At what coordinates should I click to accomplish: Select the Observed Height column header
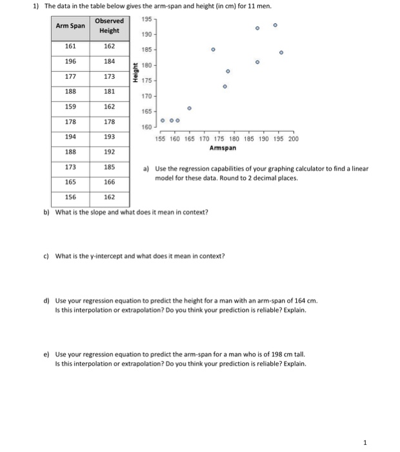(109, 26)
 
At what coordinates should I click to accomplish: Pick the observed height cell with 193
(109, 137)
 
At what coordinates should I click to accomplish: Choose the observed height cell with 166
(109, 182)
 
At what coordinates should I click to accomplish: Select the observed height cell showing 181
(109, 92)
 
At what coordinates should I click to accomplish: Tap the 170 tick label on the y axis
(146, 96)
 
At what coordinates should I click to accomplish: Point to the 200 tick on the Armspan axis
(294, 138)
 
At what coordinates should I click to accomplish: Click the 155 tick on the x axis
(161, 138)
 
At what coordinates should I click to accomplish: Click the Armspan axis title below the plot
(223, 148)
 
